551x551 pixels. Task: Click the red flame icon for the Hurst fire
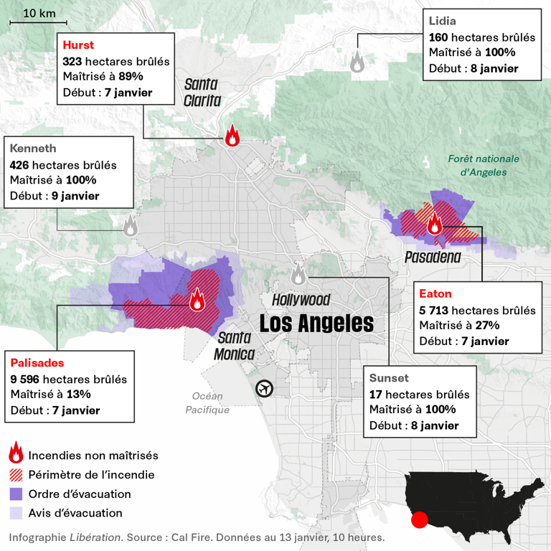tap(232, 136)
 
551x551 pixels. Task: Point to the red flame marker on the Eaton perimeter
tap(434, 225)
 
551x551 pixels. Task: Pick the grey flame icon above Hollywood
tap(298, 273)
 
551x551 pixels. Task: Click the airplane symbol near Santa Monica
tap(265, 388)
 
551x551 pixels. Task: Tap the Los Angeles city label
tap(316, 323)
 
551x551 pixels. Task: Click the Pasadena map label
tap(432, 257)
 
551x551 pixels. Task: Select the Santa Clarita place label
tap(202, 93)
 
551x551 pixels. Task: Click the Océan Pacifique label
tap(207, 403)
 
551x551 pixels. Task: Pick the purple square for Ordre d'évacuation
tap(16, 494)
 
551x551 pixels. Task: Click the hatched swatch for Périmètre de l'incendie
tap(16, 475)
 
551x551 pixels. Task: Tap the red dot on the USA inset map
tap(420, 519)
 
